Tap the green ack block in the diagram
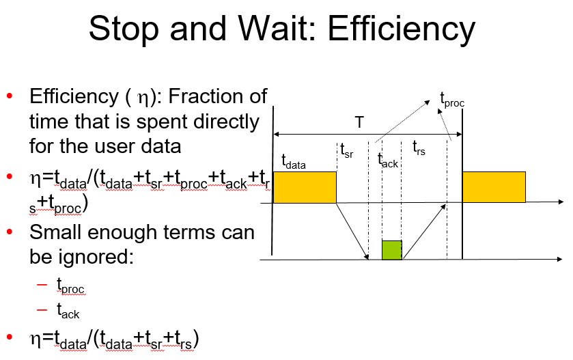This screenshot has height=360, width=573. tap(392, 250)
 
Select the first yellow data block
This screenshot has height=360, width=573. tap(305, 187)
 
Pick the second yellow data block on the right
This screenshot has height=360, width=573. tap(494, 187)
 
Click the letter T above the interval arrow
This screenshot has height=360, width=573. tap(359, 123)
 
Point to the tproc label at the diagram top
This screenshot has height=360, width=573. tap(453, 102)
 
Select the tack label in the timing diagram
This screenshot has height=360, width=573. tap(387, 161)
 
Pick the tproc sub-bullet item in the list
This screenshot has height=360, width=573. tap(69, 286)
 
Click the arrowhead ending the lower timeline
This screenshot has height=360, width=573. tap(561, 260)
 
